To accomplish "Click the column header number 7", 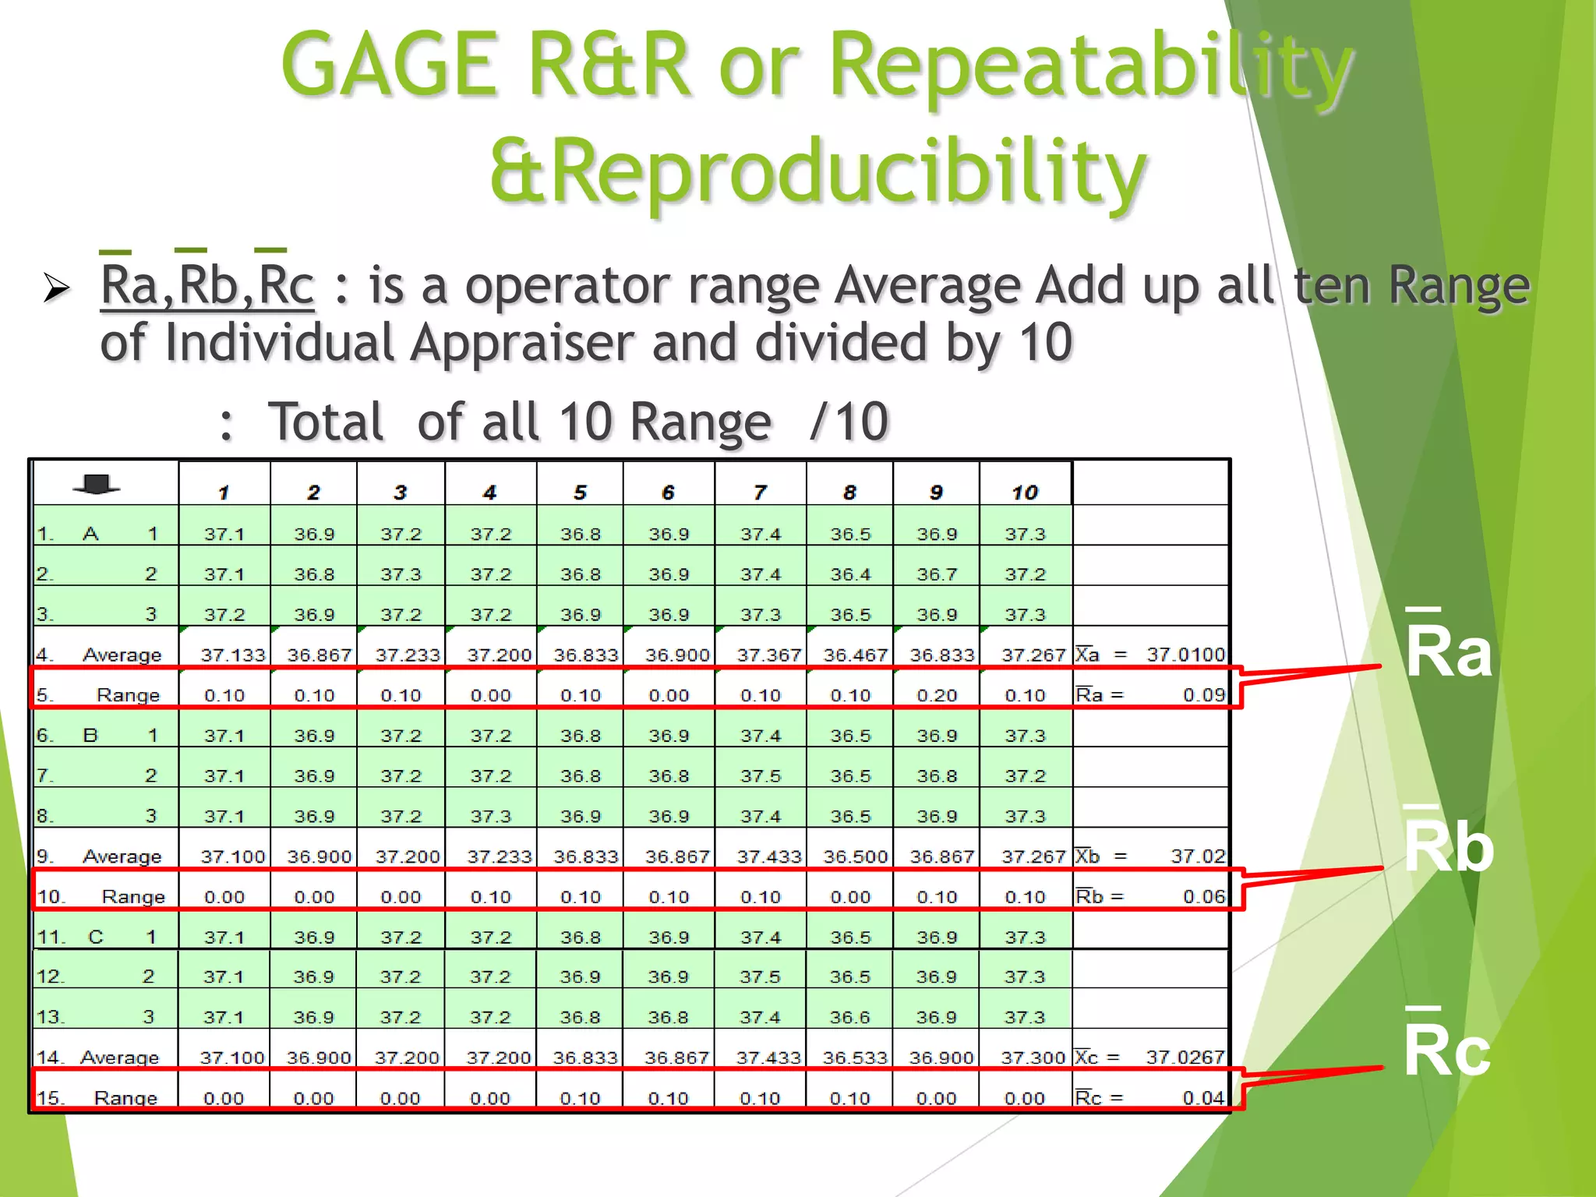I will pos(760,493).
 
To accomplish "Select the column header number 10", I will pos(1025,493).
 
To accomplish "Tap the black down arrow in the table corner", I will pos(97,485).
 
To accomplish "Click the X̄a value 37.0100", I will pos(1185,655).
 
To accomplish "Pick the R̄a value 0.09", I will pos(1204,694).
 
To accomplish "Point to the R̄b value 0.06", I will pos(1204,896).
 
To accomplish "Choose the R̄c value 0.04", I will pos(1204,1097).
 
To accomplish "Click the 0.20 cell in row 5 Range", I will pos(937,695).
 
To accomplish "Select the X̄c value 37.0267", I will pos(1185,1058).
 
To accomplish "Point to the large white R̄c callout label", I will pos(1446,1048).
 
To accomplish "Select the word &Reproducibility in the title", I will pos(818,171).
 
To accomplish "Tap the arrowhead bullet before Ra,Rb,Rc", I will pos(57,288).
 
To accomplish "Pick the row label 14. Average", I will pos(98,1058).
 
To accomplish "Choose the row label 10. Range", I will pos(101,896).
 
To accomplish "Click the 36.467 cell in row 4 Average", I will pos(855,655).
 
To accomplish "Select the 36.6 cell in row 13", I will pos(849,1017).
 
